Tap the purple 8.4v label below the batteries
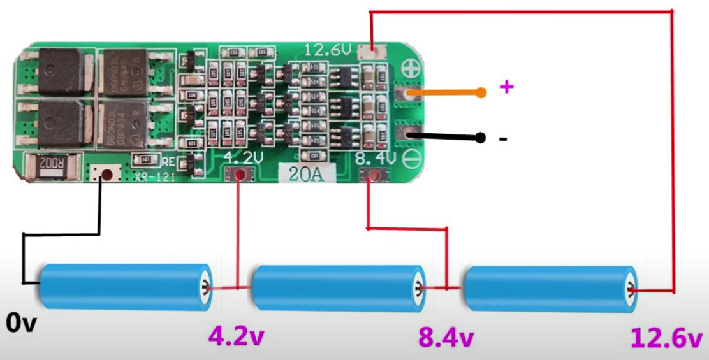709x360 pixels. (x=446, y=337)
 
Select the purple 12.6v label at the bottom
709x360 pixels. (x=666, y=337)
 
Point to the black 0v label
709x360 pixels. (x=22, y=323)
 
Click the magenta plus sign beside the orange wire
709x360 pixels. (x=506, y=87)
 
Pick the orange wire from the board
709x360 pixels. (x=446, y=93)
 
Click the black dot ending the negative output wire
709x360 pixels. (x=482, y=138)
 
